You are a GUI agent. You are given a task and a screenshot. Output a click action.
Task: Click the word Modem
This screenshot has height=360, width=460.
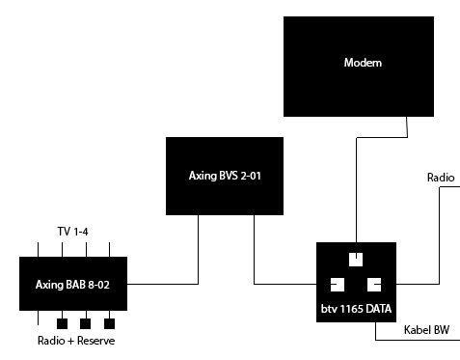pyautogui.click(x=363, y=63)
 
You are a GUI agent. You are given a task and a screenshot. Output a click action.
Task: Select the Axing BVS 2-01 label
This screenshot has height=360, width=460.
pyautogui.click(x=225, y=176)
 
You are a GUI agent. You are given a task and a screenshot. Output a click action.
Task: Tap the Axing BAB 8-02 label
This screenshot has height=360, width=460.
pyautogui.click(x=72, y=285)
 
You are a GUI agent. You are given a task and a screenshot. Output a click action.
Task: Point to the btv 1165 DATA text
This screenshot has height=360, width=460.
pyautogui.click(x=356, y=309)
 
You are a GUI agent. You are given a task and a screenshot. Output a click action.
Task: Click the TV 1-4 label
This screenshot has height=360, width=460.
pyautogui.click(x=72, y=232)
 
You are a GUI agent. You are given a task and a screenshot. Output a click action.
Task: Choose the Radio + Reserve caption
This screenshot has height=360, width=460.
pyautogui.click(x=76, y=341)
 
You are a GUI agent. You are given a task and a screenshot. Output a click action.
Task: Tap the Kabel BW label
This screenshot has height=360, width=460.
pyautogui.click(x=426, y=330)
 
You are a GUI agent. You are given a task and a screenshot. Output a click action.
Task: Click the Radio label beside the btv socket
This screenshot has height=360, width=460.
pyautogui.click(x=441, y=178)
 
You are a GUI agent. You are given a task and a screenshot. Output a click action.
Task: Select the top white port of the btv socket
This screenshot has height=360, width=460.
pyautogui.click(x=356, y=260)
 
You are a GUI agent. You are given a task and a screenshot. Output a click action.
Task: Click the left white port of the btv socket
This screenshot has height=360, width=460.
pyautogui.click(x=338, y=285)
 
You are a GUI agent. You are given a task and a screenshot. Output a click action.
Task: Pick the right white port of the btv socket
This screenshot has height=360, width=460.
pyautogui.click(x=374, y=285)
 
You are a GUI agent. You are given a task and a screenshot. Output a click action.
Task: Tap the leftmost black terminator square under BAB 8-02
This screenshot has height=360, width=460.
pyautogui.click(x=62, y=323)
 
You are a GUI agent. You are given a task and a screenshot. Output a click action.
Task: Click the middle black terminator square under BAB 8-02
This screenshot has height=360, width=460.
pyautogui.click(x=85, y=323)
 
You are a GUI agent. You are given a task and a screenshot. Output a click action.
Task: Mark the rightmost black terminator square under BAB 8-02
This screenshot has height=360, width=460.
pyautogui.click(x=109, y=323)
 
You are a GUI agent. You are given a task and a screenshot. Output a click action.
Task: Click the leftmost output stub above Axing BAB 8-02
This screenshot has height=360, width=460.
pyautogui.click(x=38, y=250)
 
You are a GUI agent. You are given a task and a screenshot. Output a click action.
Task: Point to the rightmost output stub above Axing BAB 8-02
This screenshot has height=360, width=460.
pyautogui.click(x=110, y=250)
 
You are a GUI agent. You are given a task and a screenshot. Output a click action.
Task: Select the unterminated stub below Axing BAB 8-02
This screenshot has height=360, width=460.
pyautogui.click(x=38, y=318)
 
